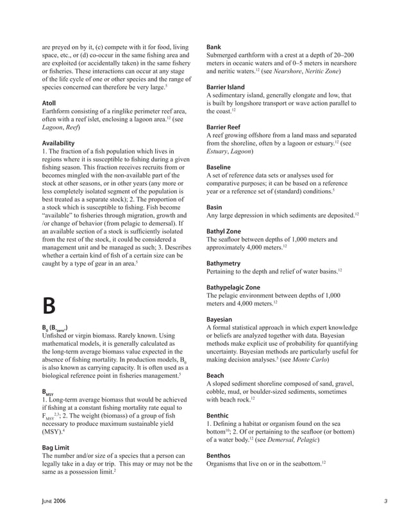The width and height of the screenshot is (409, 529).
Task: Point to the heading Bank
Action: click(214, 47)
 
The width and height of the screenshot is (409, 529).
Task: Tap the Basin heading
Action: click(214, 207)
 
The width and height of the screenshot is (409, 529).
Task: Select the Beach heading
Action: click(216, 375)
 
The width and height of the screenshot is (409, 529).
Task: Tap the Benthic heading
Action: click(218, 416)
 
